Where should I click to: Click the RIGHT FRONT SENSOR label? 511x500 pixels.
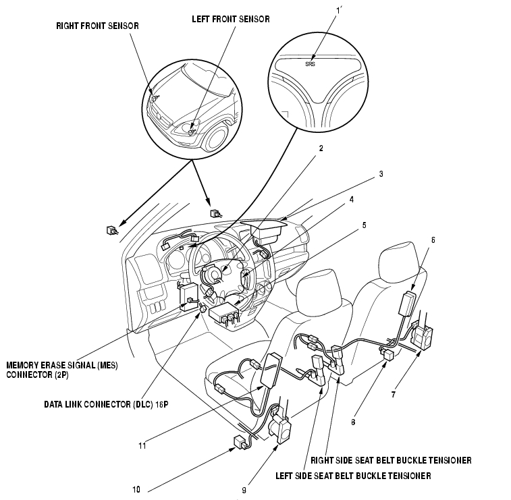click(x=97, y=26)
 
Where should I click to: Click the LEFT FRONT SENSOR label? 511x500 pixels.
click(x=231, y=19)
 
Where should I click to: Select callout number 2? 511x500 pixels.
click(x=321, y=148)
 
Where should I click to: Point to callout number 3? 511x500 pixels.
click(x=381, y=173)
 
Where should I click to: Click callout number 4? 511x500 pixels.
click(x=371, y=200)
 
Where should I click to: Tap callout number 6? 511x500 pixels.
click(x=433, y=239)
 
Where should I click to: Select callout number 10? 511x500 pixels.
click(x=136, y=490)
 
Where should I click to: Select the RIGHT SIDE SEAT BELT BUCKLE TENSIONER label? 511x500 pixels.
click(x=390, y=461)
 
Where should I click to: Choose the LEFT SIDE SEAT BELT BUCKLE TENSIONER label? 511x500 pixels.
click(x=354, y=475)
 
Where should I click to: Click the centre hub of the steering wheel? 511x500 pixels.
click(x=215, y=275)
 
